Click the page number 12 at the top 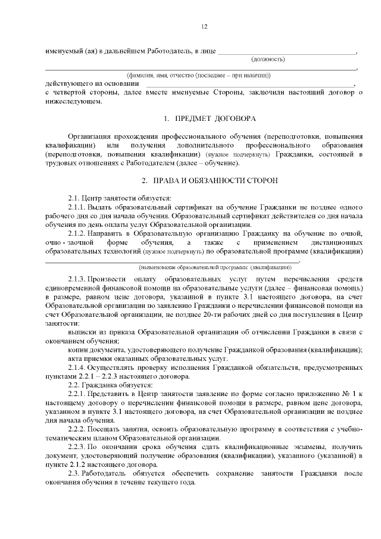pyautogui.click(x=204, y=27)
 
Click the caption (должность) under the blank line pyautogui.click(x=268, y=59)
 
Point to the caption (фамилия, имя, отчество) pyautogui.click(x=198, y=75)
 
